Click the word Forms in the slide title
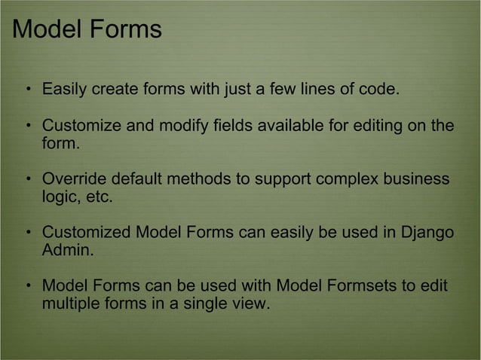[125, 29]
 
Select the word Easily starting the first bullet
[64, 90]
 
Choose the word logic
[58, 198]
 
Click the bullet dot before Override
[27, 182]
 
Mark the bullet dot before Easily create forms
[27, 91]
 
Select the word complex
[344, 181]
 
